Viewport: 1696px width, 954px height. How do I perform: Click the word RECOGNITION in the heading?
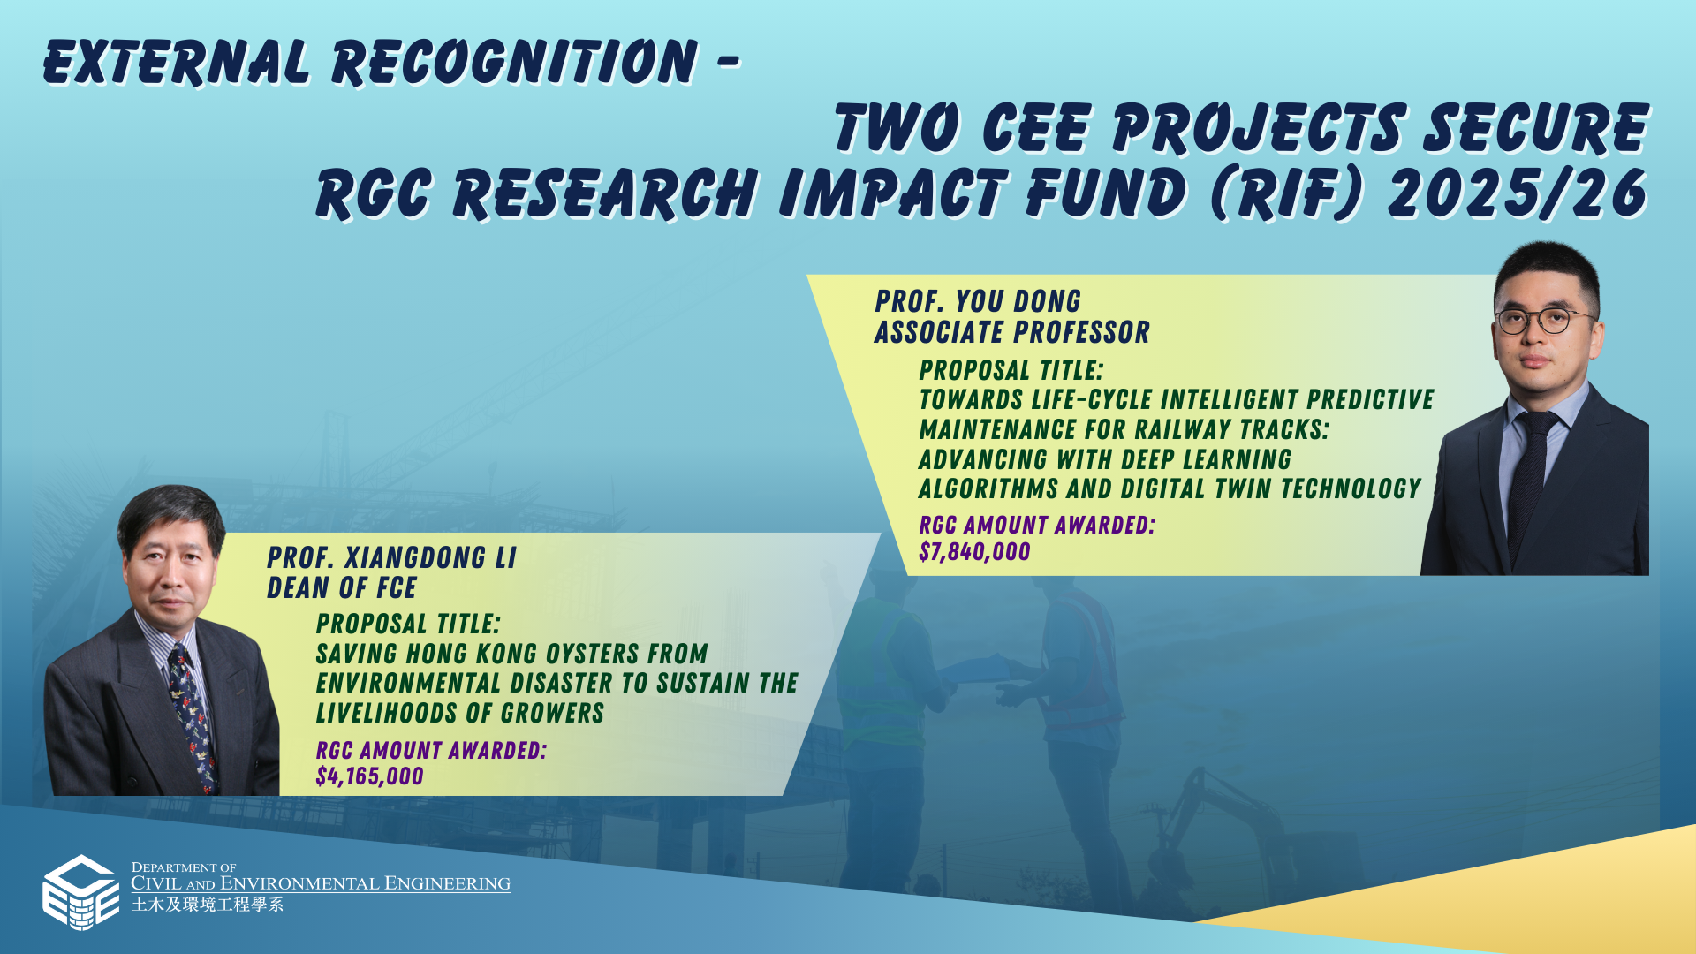click(x=515, y=63)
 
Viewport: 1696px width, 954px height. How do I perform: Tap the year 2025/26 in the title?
click(x=1518, y=193)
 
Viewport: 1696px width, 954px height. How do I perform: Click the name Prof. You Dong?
click(x=978, y=301)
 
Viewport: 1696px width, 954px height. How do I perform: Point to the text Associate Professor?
click(x=1012, y=332)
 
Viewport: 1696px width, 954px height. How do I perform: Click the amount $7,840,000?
click(x=974, y=552)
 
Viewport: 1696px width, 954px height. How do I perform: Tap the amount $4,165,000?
click(x=369, y=776)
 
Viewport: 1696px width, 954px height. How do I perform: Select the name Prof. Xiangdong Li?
click(x=391, y=558)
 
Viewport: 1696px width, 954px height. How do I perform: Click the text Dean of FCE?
click(x=342, y=588)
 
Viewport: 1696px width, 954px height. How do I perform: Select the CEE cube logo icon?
click(x=81, y=892)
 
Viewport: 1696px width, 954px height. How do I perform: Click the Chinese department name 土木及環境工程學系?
click(x=208, y=905)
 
